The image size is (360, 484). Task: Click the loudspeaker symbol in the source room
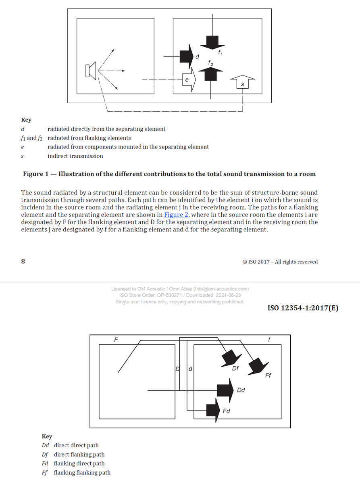pos(91,71)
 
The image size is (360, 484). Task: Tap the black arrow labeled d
pos(187,56)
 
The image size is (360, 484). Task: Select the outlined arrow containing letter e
pos(189,79)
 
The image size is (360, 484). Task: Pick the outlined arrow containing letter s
pos(242,82)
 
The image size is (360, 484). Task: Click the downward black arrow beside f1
pos(212,43)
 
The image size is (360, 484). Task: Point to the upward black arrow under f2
pos(210,74)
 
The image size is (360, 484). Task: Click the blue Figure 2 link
pos(176,215)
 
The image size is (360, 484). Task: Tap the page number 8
pos(23,261)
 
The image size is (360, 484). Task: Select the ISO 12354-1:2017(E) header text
pos(303,308)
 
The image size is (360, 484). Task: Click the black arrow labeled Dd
pos(225,390)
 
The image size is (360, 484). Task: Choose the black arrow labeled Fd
pos(213,410)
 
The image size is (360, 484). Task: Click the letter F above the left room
pos(116,340)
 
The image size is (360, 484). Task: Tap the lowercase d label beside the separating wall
pos(190,369)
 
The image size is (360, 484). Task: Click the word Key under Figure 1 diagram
pos(26,119)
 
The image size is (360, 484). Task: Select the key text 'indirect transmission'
pos(75,156)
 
